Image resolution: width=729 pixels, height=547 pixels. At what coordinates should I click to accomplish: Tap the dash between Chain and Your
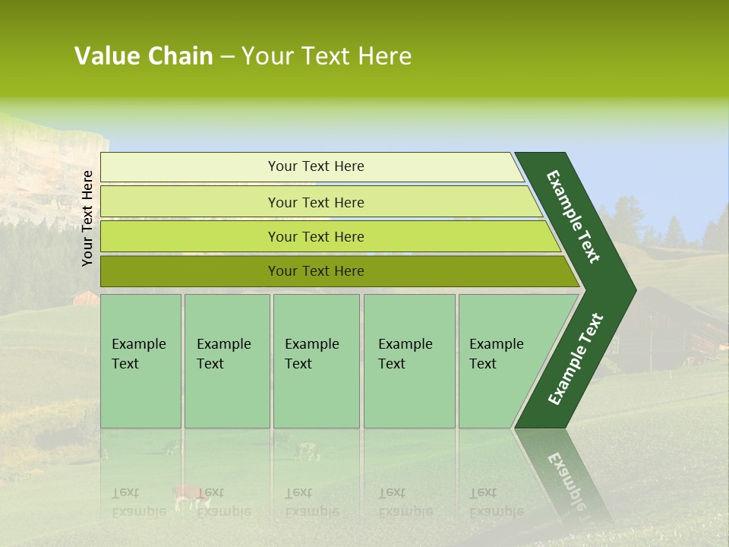tap(227, 57)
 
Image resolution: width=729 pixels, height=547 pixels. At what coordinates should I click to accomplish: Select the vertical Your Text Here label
tap(87, 218)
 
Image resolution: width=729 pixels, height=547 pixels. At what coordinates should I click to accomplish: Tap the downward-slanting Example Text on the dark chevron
tap(573, 217)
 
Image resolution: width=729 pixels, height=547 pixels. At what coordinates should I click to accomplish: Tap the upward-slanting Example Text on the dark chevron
tap(575, 359)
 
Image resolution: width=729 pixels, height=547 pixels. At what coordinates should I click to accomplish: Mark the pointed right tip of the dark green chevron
tap(635, 289)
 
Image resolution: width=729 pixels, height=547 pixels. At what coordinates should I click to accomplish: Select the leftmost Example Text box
tap(140, 361)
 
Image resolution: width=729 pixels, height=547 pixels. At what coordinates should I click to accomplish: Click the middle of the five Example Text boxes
tap(316, 361)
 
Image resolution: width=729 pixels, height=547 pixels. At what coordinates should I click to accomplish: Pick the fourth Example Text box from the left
tap(409, 361)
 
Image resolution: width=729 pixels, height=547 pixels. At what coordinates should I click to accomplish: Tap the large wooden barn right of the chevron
tap(672, 323)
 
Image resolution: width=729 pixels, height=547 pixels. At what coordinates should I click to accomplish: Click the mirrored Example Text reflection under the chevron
tap(566, 479)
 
